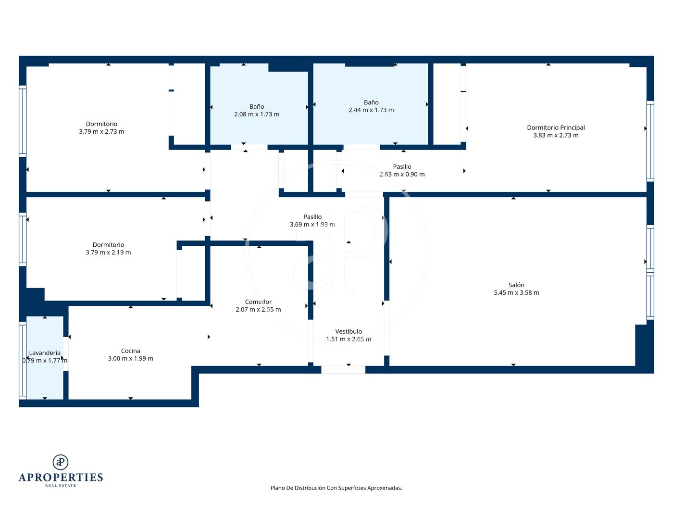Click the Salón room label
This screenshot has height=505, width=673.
tap(516, 285)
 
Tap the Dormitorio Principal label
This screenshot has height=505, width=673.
tap(556, 127)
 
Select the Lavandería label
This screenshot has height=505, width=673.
tap(45, 353)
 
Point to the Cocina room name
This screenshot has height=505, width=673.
tap(131, 351)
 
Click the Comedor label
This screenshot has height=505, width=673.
tap(258, 302)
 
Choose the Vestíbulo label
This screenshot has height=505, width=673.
tap(349, 331)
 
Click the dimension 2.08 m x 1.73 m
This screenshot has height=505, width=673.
tap(257, 114)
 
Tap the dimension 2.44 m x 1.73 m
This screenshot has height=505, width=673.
tap(371, 110)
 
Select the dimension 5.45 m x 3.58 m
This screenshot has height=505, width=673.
tap(516, 293)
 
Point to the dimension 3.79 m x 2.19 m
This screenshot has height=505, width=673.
tap(108, 252)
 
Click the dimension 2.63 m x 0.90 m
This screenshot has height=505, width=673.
tap(402, 175)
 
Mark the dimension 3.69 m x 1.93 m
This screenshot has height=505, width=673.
tap(312, 225)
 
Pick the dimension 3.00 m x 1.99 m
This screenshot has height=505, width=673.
tap(131, 358)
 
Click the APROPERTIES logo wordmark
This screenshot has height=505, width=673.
tap(61, 478)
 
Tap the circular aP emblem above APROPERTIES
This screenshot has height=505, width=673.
tap(61, 462)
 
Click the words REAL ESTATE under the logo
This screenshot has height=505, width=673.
tap(61, 486)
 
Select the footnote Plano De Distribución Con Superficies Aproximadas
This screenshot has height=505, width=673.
tap(336, 488)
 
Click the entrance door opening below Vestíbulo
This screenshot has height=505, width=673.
tap(343, 369)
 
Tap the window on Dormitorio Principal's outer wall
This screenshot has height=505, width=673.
tap(650, 141)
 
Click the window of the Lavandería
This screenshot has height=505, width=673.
tap(23, 360)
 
